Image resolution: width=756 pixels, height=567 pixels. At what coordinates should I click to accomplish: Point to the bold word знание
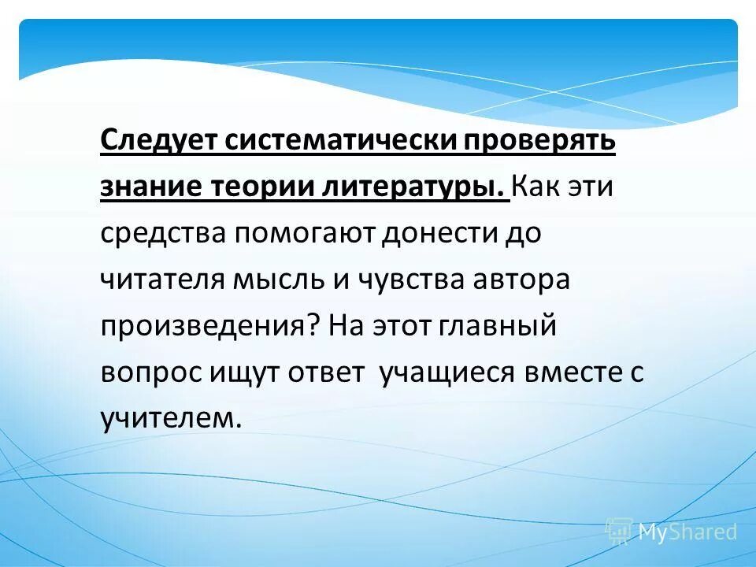pyautogui.click(x=149, y=188)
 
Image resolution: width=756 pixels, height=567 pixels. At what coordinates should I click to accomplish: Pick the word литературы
pyautogui.click(x=413, y=188)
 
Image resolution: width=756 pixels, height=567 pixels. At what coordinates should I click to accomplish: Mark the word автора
pyautogui.click(x=528, y=280)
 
